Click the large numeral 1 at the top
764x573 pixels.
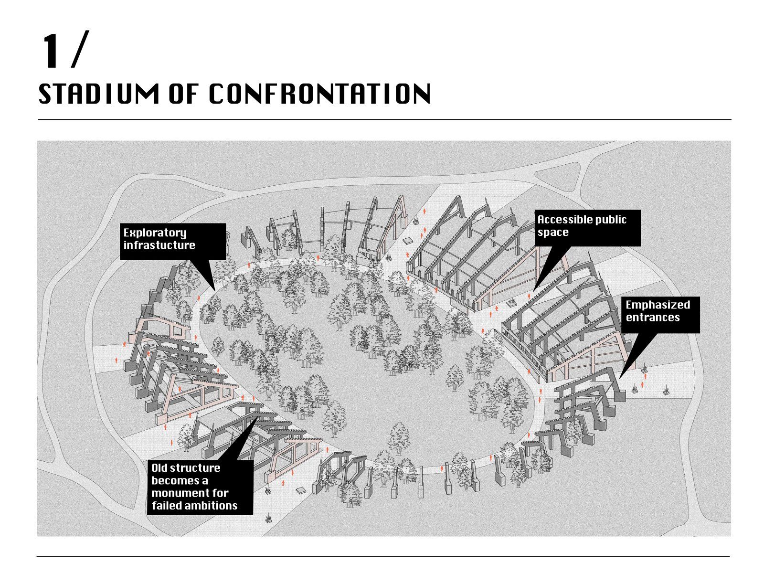click(51, 51)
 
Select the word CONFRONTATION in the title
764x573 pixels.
click(320, 94)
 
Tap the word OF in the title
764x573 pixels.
click(184, 94)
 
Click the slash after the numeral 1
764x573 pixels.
click(80, 49)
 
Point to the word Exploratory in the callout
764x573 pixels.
click(155, 233)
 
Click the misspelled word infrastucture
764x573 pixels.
click(159, 245)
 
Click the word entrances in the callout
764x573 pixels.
click(653, 317)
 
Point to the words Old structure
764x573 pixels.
click(186, 468)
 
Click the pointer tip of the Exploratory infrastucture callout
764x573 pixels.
click(215, 291)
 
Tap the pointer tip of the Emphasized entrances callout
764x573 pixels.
click(620, 379)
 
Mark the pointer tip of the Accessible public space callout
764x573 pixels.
click(533, 292)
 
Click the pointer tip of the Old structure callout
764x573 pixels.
click(257, 416)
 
